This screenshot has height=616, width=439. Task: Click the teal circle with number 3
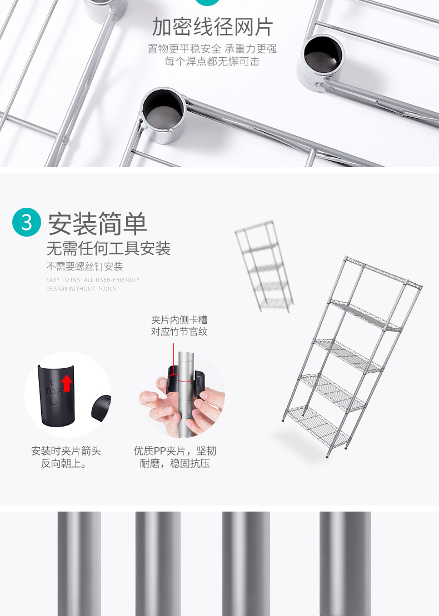(x=27, y=222)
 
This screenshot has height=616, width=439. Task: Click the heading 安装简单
(x=97, y=223)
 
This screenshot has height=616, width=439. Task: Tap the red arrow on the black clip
(x=67, y=383)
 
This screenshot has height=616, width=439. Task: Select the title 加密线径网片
(x=213, y=27)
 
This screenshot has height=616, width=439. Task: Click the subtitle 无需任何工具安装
(x=108, y=248)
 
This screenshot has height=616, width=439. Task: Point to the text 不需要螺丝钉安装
(x=84, y=267)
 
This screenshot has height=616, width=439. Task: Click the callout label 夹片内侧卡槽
(x=179, y=320)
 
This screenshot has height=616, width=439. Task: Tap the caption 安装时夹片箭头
(x=66, y=451)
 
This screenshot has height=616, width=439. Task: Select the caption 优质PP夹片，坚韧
(x=175, y=451)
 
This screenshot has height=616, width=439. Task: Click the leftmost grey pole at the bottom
(x=79, y=563)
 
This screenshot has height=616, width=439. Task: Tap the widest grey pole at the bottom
(x=345, y=563)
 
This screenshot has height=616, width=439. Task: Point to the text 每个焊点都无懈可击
(x=212, y=62)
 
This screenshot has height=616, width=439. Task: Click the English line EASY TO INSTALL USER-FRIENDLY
(x=93, y=280)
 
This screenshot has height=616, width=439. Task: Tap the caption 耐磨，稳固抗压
(x=175, y=464)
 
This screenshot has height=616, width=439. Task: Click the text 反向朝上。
(x=63, y=464)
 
